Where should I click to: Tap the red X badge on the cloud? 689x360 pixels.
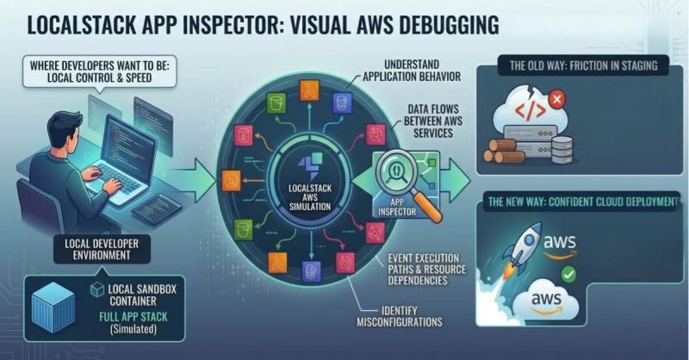point(556,99)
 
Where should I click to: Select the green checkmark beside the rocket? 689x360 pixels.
point(568,275)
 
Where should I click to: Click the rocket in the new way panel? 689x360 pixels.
point(523,249)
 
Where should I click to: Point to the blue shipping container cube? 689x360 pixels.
point(53,307)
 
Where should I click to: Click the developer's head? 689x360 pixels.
point(64,129)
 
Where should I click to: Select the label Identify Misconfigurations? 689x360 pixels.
point(399,316)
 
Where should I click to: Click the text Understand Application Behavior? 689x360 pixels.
point(412,71)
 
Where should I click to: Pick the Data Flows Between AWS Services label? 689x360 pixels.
point(433,121)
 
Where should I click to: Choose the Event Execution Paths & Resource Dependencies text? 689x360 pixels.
point(426,270)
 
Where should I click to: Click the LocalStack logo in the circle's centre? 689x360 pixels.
point(310,165)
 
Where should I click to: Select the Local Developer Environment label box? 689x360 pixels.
point(102,249)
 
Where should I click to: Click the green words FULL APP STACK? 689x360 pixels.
point(133,317)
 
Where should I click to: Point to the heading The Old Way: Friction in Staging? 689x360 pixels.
point(584,66)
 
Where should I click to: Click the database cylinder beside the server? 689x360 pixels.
point(562,150)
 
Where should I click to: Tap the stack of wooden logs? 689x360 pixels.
point(504,151)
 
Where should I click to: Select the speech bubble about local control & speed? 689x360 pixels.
point(100,72)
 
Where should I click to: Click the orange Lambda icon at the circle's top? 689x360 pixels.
point(309,90)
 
